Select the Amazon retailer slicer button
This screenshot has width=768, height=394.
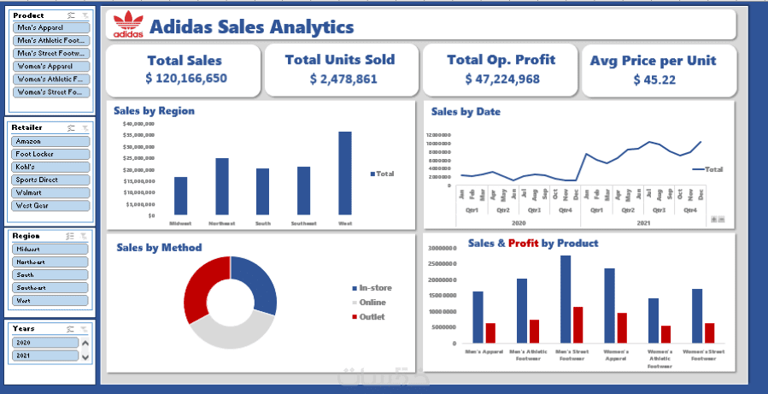click(50, 141)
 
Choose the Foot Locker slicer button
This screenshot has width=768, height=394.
click(50, 154)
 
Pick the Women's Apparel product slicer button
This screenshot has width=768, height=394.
click(50, 66)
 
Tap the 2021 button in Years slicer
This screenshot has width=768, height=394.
click(44, 355)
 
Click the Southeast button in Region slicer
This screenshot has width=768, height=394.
click(50, 287)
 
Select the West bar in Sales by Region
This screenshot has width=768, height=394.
click(345, 173)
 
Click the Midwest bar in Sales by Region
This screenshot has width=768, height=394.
click(180, 196)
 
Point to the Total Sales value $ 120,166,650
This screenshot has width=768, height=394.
click(185, 79)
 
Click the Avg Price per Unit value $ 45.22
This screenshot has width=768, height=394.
click(654, 79)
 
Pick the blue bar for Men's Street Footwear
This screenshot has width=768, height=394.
click(566, 299)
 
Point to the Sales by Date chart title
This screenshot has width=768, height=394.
click(466, 111)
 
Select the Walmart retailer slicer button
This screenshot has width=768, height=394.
click(50, 192)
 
